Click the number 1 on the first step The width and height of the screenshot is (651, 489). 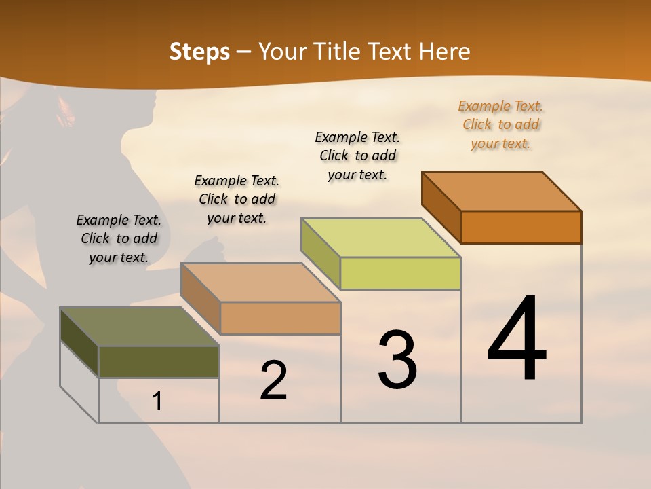pyautogui.click(x=157, y=401)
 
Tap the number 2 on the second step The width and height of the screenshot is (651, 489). pyautogui.click(x=273, y=380)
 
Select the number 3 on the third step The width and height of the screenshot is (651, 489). pyautogui.click(x=397, y=360)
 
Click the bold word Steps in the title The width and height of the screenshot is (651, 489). pyautogui.click(x=199, y=52)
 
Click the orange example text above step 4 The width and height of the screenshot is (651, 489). pyautogui.click(x=500, y=125)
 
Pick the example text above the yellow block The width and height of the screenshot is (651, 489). pyautogui.click(x=357, y=156)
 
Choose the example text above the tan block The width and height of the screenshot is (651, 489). pyautogui.click(x=237, y=199)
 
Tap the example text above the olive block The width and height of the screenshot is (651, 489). pyautogui.click(x=119, y=238)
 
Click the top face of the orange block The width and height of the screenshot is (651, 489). pyautogui.click(x=502, y=192)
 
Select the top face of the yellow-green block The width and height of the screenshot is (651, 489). pyautogui.click(x=381, y=238)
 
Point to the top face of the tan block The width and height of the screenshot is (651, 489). pyautogui.click(x=260, y=283)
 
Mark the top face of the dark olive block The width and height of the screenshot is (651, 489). pyautogui.click(x=140, y=327)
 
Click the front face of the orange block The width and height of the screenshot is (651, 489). pyautogui.click(x=521, y=227)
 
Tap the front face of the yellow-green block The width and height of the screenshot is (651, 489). pyautogui.click(x=400, y=273)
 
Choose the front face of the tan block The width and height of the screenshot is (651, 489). pyautogui.click(x=280, y=318)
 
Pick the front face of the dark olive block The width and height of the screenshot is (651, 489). pyautogui.click(x=159, y=361)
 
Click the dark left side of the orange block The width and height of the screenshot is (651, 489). pyautogui.click(x=441, y=207)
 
